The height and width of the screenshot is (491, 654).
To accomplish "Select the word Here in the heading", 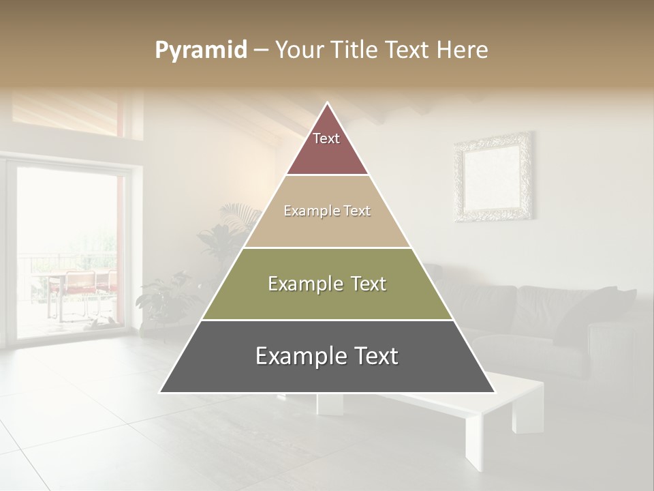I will pos(463,50).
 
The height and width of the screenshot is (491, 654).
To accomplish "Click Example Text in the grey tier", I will pos(327,356).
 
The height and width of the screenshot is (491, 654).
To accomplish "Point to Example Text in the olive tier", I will pos(327,284).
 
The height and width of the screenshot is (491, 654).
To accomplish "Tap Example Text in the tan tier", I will pos(327,211).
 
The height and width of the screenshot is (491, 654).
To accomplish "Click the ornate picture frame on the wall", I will pos(493,177).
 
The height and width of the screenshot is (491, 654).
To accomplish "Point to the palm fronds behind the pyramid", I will pos(242,215).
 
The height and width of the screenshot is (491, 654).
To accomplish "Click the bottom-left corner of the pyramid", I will pos(161,392).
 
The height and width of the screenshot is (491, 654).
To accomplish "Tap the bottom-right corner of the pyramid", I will pos(494,392).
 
